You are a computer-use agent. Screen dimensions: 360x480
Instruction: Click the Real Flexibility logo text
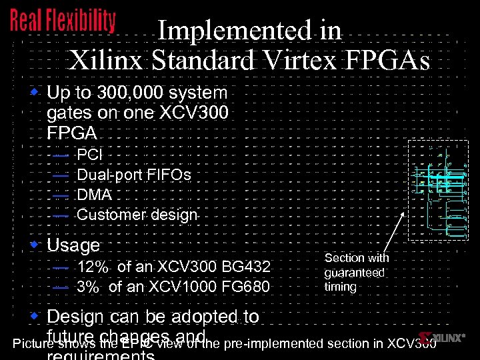[63, 21]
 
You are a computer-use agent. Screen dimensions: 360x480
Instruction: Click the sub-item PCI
[90, 155]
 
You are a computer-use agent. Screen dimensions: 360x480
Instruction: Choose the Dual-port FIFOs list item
[134, 175]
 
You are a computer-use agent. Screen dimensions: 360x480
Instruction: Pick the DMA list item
[95, 195]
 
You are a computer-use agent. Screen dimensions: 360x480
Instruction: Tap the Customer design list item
[137, 215]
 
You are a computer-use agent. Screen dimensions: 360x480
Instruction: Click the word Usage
[73, 245]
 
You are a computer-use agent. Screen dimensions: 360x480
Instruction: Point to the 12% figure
[93, 267]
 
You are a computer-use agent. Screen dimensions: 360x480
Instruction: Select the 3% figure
[88, 287]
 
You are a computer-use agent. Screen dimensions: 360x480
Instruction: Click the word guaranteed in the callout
[355, 273]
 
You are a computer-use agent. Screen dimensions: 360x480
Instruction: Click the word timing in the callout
[340, 287]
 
